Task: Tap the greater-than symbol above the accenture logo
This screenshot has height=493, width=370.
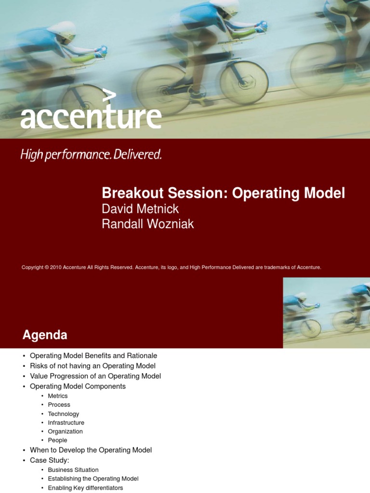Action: click(x=110, y=96)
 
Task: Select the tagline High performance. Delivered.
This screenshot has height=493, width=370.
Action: click(x=91, y=155)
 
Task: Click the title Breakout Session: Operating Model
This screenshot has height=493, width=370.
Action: click(x=223, y=193)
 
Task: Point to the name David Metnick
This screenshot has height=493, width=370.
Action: click(x=140, y=209)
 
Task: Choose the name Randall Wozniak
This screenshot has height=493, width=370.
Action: click(x=148, y=224)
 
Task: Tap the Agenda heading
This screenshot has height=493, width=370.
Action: click(x=45, y=335)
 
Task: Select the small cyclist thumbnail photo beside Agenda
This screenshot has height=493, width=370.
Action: click(x=326, y=312)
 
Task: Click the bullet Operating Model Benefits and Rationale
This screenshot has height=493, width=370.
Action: click(x=93, y=356)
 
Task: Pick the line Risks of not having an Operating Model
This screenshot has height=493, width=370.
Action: click(x=92, y=366)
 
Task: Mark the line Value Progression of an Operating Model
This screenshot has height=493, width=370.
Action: click(x=95, y=376)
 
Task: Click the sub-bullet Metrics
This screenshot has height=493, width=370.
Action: click(x=58, y=396)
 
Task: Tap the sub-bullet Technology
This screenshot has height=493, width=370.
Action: click(x=63, y=414)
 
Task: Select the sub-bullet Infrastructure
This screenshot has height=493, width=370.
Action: click(x=66, y=423)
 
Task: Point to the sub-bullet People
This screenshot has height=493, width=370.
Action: click(x=57, y=440)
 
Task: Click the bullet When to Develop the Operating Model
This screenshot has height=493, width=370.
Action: click(x=91, y=450)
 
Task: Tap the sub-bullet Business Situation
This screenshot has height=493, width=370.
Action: click(x=73, y=470)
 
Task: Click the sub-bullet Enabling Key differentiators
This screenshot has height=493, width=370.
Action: click(x=85, y=488)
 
